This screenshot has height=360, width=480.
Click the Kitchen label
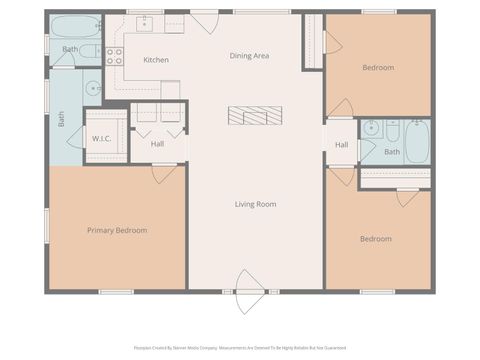coord(156,60)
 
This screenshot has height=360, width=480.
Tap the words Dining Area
coord(248,56)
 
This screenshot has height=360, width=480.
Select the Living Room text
coord(255,204)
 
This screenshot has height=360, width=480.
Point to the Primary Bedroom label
coord(116,230)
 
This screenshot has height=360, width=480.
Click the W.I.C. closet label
coord(102,138)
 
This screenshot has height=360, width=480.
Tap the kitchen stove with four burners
coord(115,56)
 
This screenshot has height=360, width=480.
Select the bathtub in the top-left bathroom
coord(75,27)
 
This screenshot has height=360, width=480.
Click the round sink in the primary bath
coord(92,87)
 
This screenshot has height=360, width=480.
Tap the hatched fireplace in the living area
coord(256,116)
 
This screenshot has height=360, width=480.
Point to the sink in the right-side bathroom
coord(371,128)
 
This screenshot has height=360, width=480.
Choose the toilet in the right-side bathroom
coord(392,130)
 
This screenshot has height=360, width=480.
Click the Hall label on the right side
coord(341,145)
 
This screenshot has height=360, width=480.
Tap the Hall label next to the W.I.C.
coord(157,144)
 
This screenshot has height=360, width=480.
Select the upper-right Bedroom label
coord(377,67)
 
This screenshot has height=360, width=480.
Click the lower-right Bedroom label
coord(375,239)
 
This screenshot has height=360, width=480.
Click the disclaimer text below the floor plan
coord(240,348)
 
